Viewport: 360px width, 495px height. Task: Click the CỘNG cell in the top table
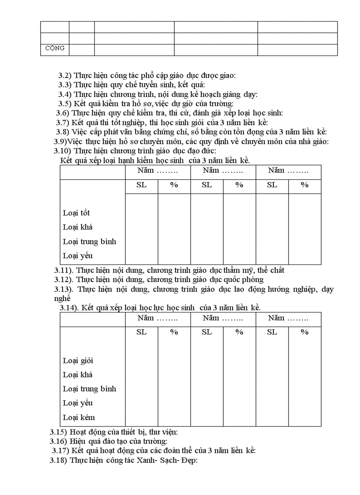tap(55, 48)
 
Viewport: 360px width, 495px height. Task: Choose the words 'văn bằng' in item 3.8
tap(123, 132)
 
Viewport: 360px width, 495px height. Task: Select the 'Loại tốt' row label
tap(76, 213)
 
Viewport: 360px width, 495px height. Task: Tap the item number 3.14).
tap(69, 307)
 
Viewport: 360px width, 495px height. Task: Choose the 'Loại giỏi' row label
tap(78, 361)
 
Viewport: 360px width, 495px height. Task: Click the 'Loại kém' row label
tap(79, 417)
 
